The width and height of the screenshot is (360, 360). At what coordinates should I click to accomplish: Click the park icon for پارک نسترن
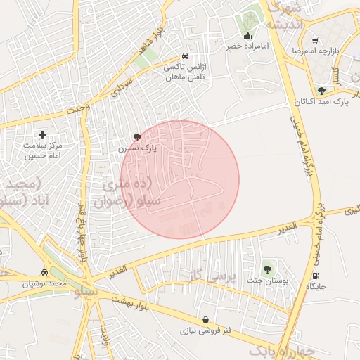coord(136,136)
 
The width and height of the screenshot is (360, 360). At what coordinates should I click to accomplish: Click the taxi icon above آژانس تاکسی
coord(185,56)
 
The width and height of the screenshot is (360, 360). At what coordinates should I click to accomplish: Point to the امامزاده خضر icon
coord(247,36)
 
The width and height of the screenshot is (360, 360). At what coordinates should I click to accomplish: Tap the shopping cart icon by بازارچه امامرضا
coord(314,41)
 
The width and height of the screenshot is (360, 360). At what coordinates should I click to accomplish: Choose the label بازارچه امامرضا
coord(326,53)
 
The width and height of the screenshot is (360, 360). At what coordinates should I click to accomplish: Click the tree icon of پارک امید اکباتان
coord(321,91)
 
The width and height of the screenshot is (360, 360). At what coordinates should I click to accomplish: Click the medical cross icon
coord(42,134)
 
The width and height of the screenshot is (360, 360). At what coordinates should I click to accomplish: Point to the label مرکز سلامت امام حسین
coord(43,150)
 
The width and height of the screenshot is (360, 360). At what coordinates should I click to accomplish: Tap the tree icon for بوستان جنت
coord(266,268)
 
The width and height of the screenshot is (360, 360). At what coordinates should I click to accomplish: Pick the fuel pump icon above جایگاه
coord(316,275)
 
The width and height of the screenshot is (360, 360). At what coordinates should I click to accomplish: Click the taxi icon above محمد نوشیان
coord(46,273)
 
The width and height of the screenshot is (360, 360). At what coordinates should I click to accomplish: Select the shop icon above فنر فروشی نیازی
coord(205,319)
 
